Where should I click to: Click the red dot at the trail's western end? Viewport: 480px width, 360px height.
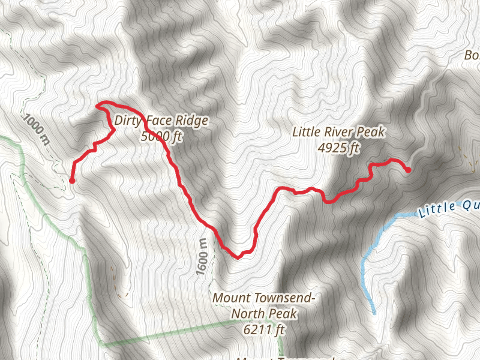(x=72, y=180)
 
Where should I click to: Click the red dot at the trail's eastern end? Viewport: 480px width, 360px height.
(x=408, y=170)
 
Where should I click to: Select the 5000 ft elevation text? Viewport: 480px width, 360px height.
(x=161, y=137)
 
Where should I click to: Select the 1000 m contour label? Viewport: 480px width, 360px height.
(x=37, y=128)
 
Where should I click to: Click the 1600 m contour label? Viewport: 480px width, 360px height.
(x=202, y=257)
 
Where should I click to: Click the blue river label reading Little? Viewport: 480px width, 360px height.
(x=437, y=209)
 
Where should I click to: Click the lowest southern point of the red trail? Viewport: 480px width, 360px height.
(x=238, y=257)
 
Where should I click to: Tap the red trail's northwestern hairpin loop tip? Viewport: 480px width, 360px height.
(x=98, y=105)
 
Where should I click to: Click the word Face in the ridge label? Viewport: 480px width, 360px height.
(x=159, y=121)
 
